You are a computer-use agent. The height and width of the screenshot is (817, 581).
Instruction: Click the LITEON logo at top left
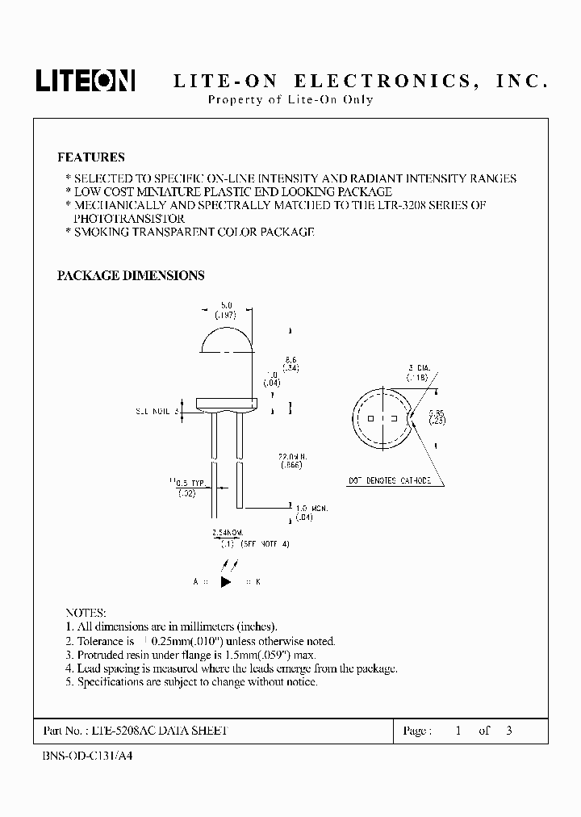tap(85, 80)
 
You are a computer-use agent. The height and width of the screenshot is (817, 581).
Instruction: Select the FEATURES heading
tap(90, 157)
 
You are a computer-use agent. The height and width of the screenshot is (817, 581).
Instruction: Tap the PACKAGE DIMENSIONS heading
tap(130, 275)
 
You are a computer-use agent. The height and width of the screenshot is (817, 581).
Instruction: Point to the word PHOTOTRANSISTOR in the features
tap(129, 219)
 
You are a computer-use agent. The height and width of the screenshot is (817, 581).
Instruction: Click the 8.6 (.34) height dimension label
tap(291, 362)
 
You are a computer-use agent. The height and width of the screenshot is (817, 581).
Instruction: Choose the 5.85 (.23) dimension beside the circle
tap(437, 416)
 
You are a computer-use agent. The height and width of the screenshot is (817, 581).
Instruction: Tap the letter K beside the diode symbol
tap(258, 581)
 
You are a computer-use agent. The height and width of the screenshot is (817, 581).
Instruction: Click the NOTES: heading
tap(85, 613)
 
